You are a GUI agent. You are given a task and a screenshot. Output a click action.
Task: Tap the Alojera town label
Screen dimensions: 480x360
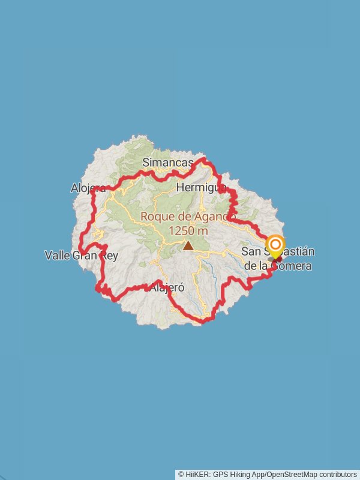pyautogui.click(x=88, y=188)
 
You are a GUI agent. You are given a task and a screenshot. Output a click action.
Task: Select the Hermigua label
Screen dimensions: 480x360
pyautogui.click(x=202, y=188)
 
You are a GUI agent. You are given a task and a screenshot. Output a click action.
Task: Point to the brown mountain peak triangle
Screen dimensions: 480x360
pyautogui.click(x=188, y=245)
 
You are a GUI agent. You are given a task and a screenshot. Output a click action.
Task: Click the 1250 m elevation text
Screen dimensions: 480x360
pyautogui.click(x=188, y=230)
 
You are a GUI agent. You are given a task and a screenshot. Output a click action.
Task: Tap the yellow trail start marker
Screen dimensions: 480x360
pyautogui.click(x=275, y=245)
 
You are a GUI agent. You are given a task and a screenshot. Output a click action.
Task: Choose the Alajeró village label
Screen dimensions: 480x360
pyautogui.click(x=165, y=287)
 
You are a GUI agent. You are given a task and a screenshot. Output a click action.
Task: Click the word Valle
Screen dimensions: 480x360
pyautogui.click(x=58, y=256)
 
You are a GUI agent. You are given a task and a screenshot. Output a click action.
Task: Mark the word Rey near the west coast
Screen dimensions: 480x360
pyautogui.click(x=109, y=256)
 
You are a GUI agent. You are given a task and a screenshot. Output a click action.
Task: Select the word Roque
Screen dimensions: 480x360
pyautogui.click(x=156, y=217)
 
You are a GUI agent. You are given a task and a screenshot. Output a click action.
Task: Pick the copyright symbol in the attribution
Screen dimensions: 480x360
pyautogui.click(x=181, y=475)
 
